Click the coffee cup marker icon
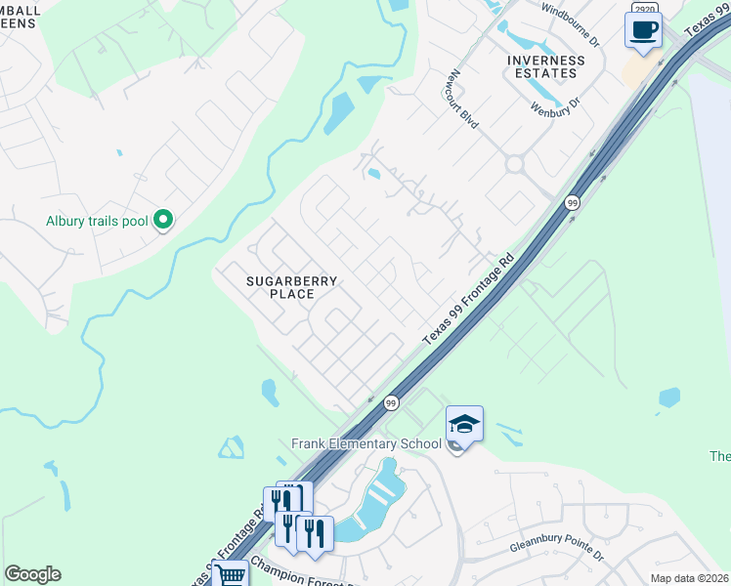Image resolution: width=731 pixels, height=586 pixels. coord(643,29)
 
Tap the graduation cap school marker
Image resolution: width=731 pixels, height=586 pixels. coord(464,424)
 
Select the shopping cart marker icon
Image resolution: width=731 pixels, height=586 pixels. coord(230,575)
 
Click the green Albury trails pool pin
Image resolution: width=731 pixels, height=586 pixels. coord(164,221)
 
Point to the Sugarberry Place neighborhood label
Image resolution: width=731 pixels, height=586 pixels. coord(291,287)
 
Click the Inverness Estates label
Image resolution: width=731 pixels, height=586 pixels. coord(545,66)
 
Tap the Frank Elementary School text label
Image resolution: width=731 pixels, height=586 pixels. coord(366,443)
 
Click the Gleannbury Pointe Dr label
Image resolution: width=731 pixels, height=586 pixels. coord(557,546)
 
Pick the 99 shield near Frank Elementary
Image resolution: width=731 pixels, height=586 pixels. coord(391,402)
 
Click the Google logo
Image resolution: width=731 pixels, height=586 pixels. coord(32,574)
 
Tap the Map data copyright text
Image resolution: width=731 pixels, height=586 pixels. coord(690,578)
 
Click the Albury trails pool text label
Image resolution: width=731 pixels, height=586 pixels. coord(97,222)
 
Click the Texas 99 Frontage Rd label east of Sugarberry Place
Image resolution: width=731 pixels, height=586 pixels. coord(468,300)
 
